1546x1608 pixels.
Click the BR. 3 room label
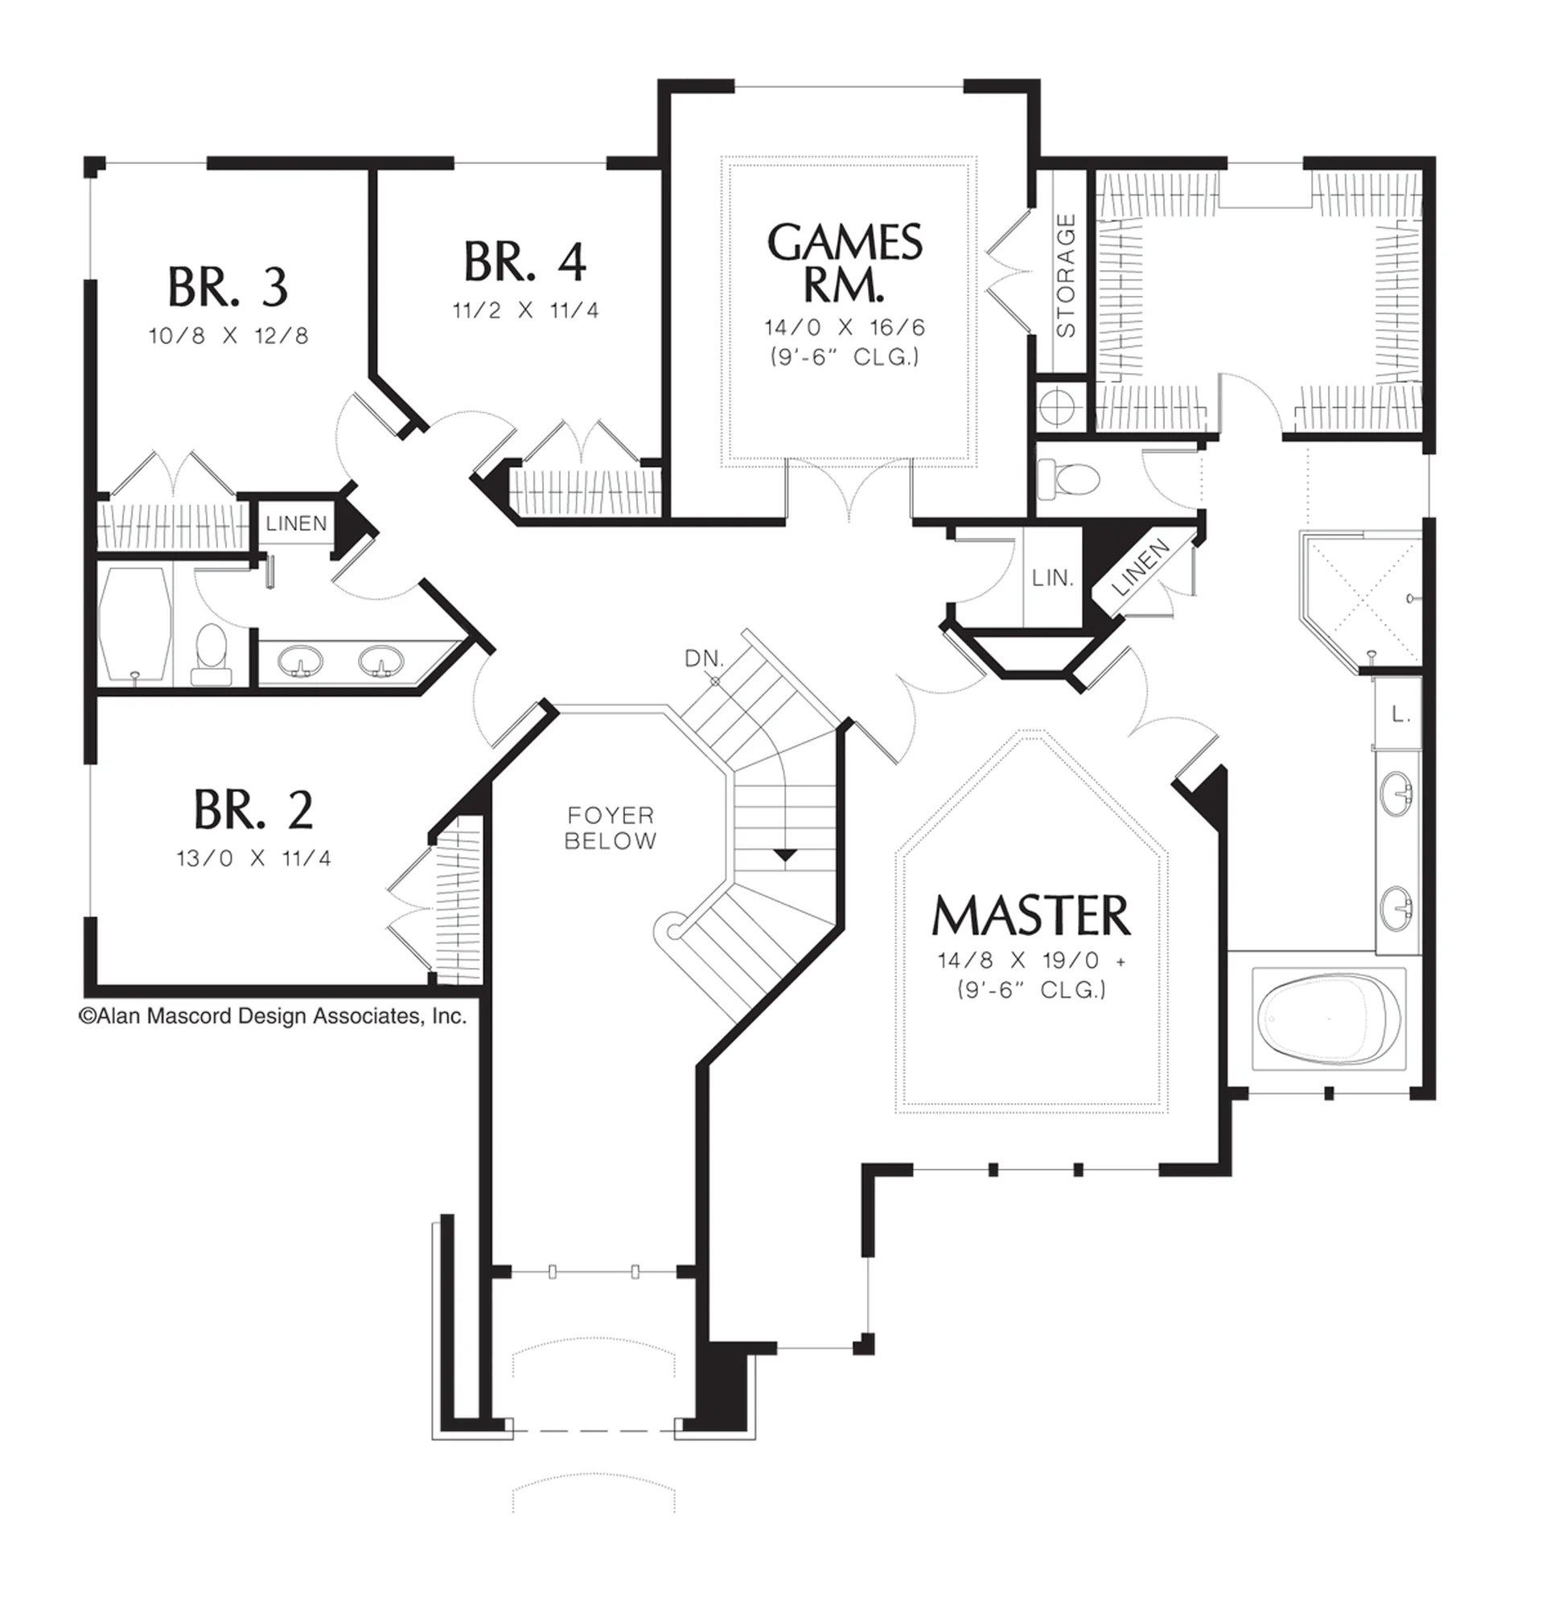tap(228, 287)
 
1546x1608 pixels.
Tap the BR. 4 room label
tap(525, 262)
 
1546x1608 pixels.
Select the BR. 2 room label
tap(253, 810)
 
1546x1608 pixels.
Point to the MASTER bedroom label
tap(1031, 916)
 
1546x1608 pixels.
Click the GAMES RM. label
tap(845, 263)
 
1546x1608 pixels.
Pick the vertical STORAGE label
tap(1066, 276)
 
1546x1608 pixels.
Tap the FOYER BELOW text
tap(611, 828)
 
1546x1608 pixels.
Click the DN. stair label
tap(704, 658)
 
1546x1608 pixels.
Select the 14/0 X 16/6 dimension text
tap(845, 327)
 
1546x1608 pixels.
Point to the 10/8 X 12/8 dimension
tap(229, 335)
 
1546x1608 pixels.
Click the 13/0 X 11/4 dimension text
tap(253, 858)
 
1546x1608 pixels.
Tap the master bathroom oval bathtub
tap(1329, 1018)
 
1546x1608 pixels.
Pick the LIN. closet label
tap(1053, 578)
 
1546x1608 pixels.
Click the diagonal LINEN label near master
tap(1140, 568)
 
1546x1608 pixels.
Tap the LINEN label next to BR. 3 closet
tap(296, 523)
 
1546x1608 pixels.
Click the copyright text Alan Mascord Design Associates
tap(273, 1016)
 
